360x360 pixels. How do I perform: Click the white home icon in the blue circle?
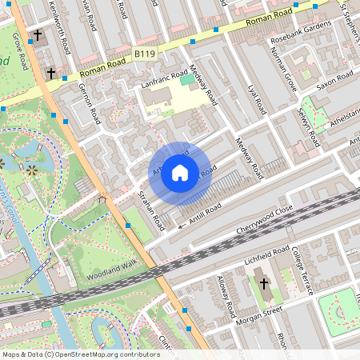coord(180,172)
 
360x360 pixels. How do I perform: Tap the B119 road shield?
coord(144,54)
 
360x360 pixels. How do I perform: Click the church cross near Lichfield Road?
coord(263,283)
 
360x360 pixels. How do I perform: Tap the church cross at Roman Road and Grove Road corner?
coord(51,73)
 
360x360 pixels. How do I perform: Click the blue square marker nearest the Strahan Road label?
coord(128,226)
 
